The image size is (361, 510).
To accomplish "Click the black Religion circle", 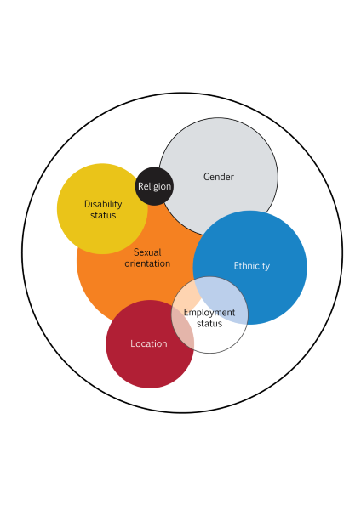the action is tap(154, 186).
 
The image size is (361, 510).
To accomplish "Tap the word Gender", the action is tap(219, 177).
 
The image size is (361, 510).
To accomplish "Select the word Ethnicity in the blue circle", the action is tap(252, 266).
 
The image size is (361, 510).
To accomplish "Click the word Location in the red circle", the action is tap(149, 343).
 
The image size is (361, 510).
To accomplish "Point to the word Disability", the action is tap(103, 204).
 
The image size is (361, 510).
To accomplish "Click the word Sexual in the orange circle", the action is tap(147, 252).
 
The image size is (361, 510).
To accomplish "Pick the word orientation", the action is tap(147, 263).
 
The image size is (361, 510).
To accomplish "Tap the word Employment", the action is tap(209, 313).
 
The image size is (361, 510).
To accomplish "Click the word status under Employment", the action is tap(209, 324).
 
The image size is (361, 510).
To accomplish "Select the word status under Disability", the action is tap(103, 215).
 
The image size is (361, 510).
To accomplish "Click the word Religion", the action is tap(154, 186).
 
